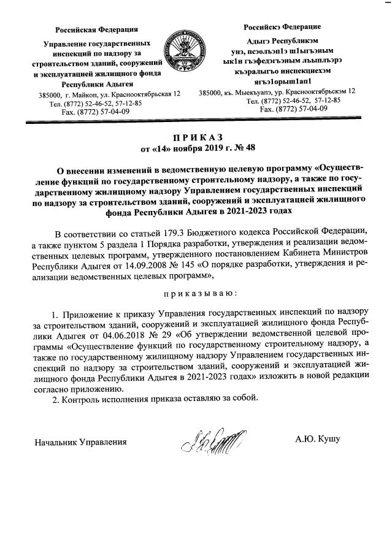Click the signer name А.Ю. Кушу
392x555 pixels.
318,440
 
